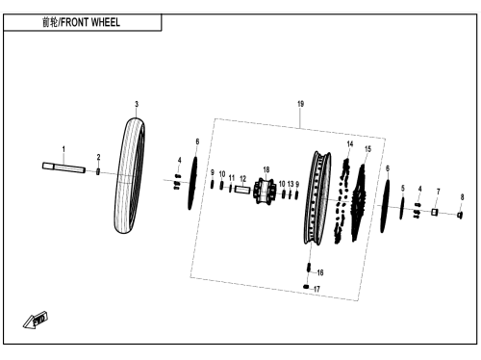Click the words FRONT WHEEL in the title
click(x=90, y=22)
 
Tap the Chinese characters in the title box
click(x=50, y=22)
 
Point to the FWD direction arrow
click(x=36, y=320)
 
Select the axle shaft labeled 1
click(x=63, y=167)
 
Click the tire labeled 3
click(x=129, y=175)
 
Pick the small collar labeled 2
click(x=98, y=171)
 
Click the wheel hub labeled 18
click(x=265, y=192)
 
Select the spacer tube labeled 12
click(x=242, y=190)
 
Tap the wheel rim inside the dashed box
click(x=316, y=197)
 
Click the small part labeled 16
click(x=309, y=268)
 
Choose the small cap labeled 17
click(x=306, y=287)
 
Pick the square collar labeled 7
click(x=435, y=212)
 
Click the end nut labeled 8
click(x=460, y=216)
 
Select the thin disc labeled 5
click(x=402, y=208)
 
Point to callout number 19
click(x=300, y=104)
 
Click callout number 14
click(x=350, y=144)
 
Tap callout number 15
click(x=367, y=149)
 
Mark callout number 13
click(x=291, y=184)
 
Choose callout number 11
click(x=232, y=178)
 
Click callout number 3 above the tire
click(x=137, y=104)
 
